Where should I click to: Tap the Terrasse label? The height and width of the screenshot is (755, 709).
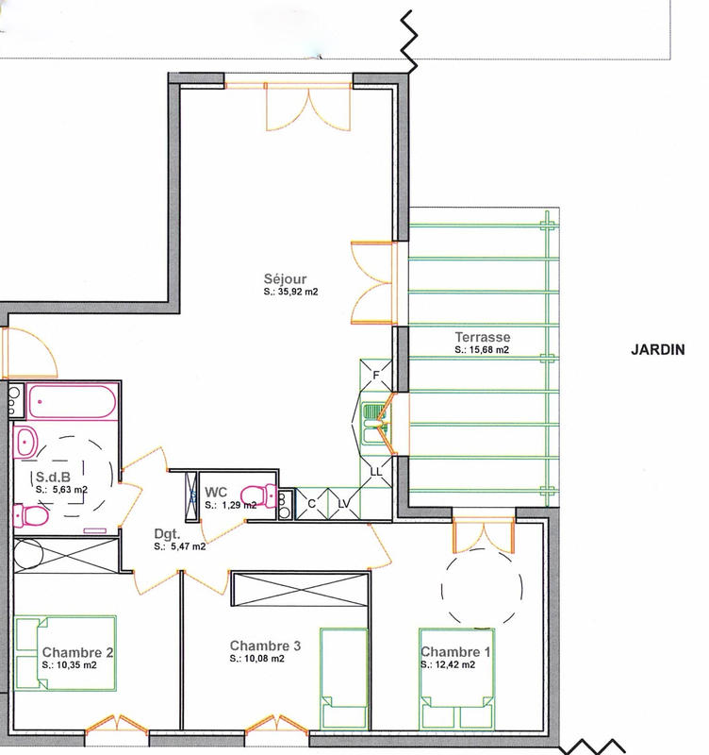point(482,337)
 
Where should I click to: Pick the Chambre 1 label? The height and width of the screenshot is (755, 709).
point(455,652)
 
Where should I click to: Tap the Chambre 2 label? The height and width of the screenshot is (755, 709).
point(78,652)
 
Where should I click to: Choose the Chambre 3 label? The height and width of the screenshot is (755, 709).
point(265,646)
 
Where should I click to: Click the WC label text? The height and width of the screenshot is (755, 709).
point(216,491)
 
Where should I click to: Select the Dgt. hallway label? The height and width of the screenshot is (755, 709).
point(169,533)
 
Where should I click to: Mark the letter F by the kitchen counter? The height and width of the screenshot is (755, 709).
point(375,376)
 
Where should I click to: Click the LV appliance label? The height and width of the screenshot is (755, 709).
point(343,504)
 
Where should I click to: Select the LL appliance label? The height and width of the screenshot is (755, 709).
point(375,470)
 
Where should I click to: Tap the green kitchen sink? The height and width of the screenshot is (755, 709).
point(375,422)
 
